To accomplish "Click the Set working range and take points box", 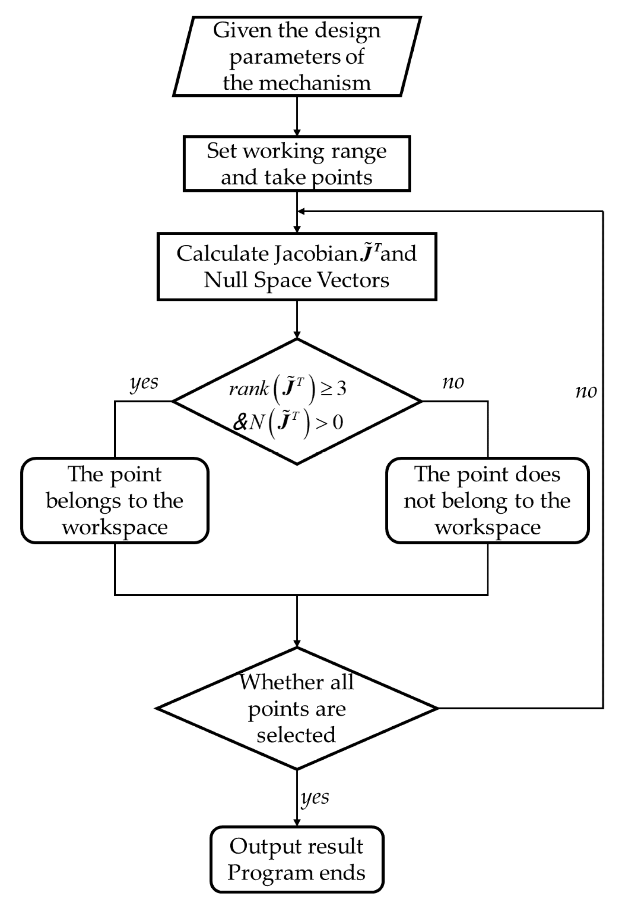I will pos(297,164).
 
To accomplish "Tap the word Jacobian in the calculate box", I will pos(314,254).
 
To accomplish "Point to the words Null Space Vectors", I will pos(296,280).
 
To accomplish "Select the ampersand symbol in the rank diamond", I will pos(240,423).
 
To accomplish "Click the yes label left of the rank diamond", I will pos(144,382).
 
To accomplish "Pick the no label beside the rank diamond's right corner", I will pos(453,382).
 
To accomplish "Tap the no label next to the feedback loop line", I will pos(585,391).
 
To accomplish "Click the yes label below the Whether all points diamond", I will pos(315,797).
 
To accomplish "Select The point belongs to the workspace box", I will pos(115,500).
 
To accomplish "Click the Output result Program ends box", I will pos(297,860).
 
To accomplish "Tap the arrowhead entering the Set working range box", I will pos(297,133).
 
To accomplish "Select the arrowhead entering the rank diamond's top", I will pos(297,335).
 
